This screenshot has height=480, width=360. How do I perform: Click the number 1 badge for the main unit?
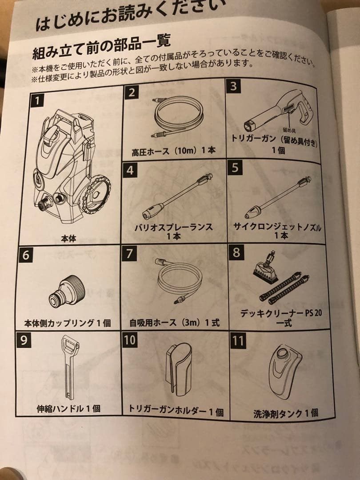click(38, 100)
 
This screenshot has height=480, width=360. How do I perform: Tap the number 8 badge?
click(236, 252)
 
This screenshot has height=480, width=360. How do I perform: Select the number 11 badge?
click(238, 341)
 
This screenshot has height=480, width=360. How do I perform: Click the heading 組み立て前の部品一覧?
click(101, 47)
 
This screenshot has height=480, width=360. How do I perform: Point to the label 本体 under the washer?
click(68, 238)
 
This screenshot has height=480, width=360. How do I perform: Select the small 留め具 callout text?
click(290, 130)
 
